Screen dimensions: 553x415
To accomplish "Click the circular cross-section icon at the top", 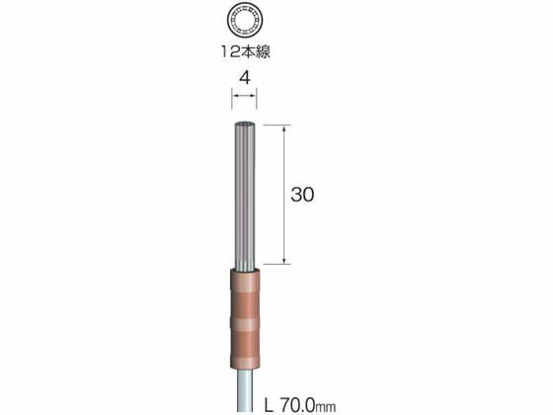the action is pos(245,21).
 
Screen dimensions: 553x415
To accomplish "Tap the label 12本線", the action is pos(246,52).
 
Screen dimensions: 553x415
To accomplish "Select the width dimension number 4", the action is pos(245,78).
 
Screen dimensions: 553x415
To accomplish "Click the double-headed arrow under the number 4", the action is pos(244,95).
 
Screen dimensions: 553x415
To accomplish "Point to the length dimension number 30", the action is pos(302,195).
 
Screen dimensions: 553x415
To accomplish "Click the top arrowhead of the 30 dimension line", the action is pos(284,128).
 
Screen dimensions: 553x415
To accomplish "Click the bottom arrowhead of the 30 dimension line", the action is pos(284,260).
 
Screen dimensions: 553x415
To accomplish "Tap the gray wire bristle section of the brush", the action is pos(244,196).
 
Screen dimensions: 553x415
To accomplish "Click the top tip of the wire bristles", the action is pos(244,123).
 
